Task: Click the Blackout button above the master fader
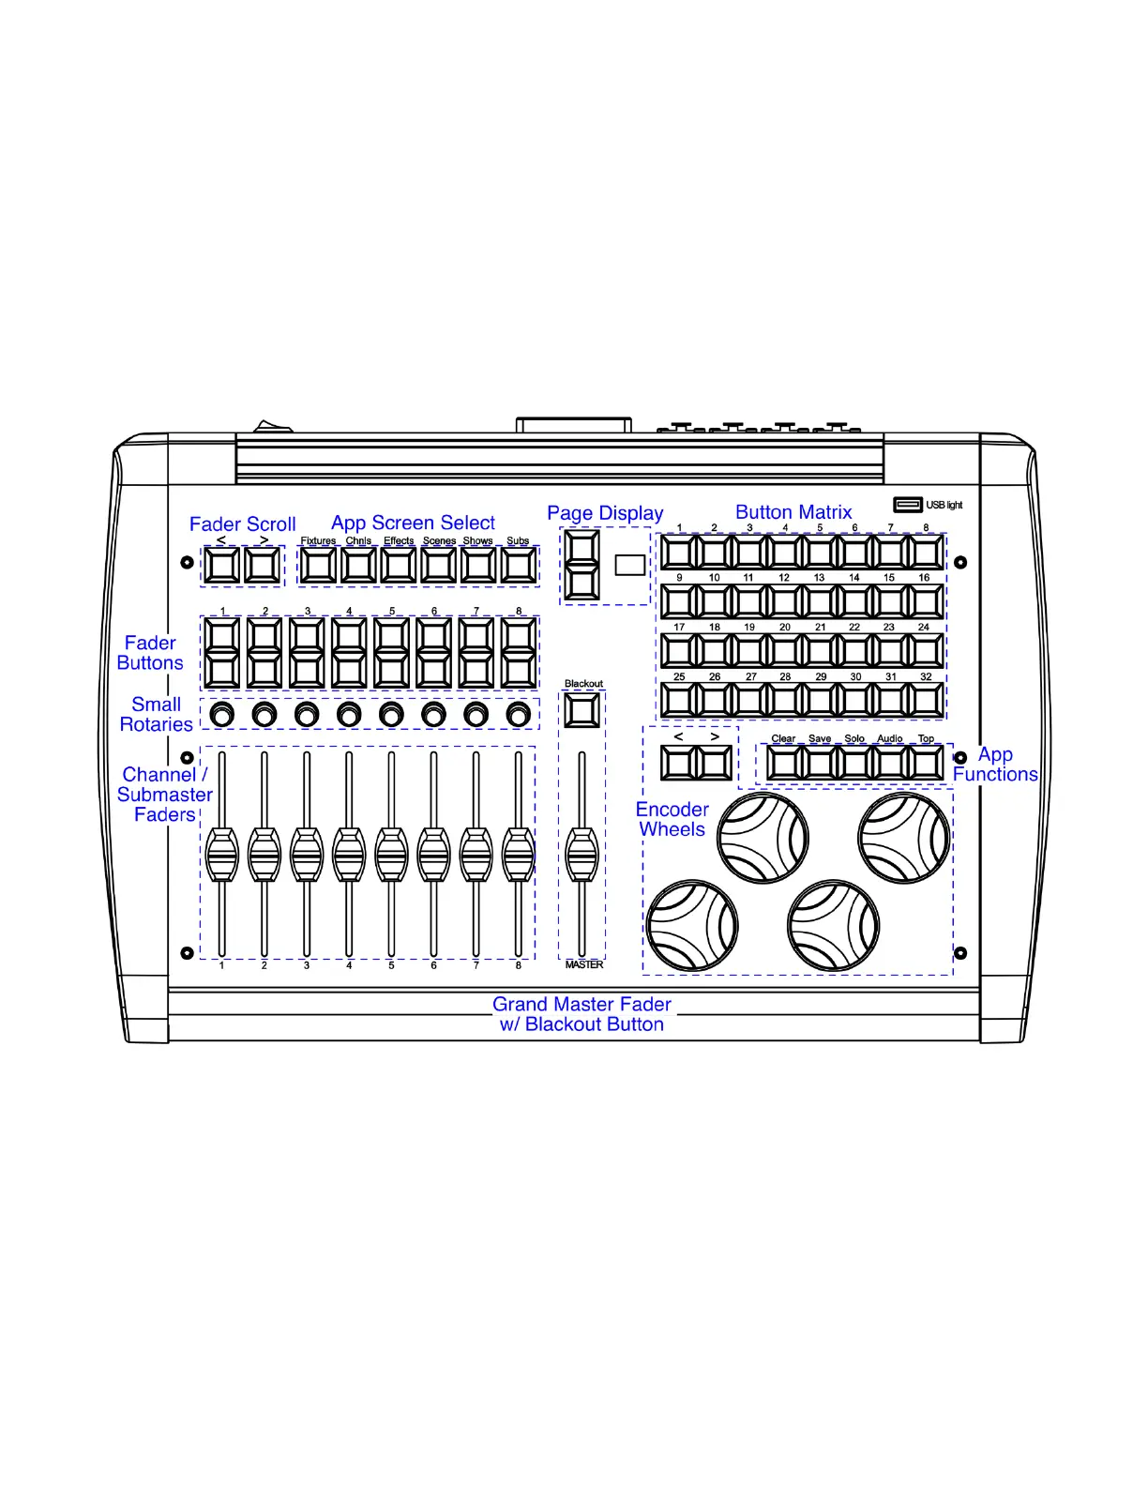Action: pyautogui.click(x=582, y=711)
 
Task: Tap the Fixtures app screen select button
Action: pyautogui.click(x=318, y=566)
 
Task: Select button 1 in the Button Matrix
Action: pyautogui.click(x=679, y=553)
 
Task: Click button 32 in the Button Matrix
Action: pyautogui.click(x=926, y=700)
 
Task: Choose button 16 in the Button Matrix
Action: pyautogui.click(x=926, y=601)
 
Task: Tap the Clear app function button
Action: pyautogui.click(x=784, y=763)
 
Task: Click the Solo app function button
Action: pyautogui.click(x=854, y=763)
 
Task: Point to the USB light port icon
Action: pyautogui.click(x=908, y=505)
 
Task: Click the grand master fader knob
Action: pyautogui.click(x=582, y=854)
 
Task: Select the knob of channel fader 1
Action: pyautogui.click(x=222, y=854)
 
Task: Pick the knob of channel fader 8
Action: pyautogui.click(x=519, y=854)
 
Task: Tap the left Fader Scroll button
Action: pyautogui.click(x=222, y=566)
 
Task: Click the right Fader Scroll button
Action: pyautogui.click(x=263, y=566)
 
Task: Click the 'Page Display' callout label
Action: pyautogui.click(x=605, y=513)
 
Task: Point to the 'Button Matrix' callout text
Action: pyautogui.click(x=793, y=512)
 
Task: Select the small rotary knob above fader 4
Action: pyautogui.click(x=349, y=715)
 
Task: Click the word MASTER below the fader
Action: pyautogui.click(x=584, y=964)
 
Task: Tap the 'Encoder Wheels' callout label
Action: pyautogui.click(x=672, y=819)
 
